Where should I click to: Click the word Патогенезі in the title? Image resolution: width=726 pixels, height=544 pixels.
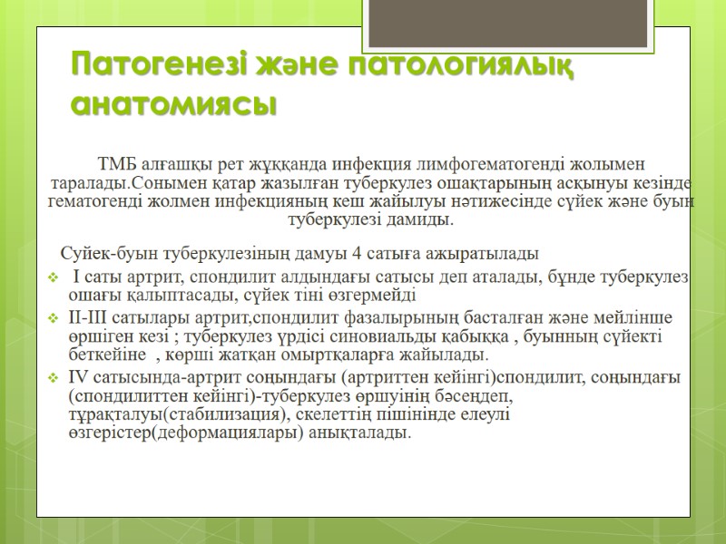[150, 66]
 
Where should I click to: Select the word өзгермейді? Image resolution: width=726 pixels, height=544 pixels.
[375, 295]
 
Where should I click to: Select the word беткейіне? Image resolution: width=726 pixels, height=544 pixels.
[110, 354]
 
